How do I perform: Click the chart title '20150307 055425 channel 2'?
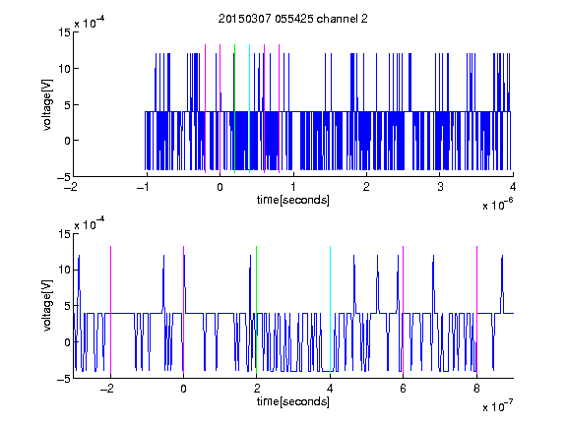(293, 19)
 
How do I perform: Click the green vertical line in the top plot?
(234, 108)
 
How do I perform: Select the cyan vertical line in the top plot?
(249, 108)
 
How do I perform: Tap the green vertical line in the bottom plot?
(256, 310)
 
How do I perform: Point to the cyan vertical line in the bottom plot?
(330, 310)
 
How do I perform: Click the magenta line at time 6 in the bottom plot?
(404, 310)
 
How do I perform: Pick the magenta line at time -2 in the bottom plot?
(110, 310)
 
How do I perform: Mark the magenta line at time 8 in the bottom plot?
(477, 310)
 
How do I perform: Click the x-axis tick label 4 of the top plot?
(513, 187)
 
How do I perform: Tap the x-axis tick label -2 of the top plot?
(71, 187)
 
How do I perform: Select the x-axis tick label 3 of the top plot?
(440, 187)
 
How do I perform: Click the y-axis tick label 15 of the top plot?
(65, 32)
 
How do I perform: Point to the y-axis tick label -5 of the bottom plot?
(64, 379)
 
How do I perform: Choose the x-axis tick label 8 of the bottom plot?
(476, 389)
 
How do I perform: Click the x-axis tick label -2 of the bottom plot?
(107, 389)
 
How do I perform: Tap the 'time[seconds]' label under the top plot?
(293, 200)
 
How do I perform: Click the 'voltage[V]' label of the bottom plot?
(47, 305)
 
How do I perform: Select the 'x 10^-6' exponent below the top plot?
(497, 205)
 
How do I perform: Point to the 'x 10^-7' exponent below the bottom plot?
(497, 406)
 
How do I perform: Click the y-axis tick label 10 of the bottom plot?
(65, 270)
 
